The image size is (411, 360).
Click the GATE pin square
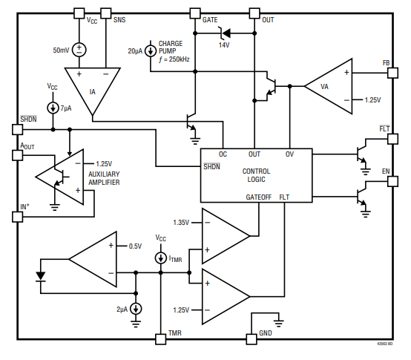pos(195,13)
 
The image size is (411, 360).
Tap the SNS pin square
pos(106,13)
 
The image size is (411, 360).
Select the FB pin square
pos(392,73)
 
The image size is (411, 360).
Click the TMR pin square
pos(161,339)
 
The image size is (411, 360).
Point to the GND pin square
pos(251,339)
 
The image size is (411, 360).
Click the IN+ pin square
pos(18,217)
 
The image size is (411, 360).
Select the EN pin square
pos(392,181)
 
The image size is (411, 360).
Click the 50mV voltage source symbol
pos(79,50)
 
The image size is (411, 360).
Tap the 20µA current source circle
pos(151,51)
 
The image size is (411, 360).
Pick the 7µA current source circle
pos(53,108)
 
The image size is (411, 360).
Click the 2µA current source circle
pos(136,309)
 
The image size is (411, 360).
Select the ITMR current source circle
pos(161,258)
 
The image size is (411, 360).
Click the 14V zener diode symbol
pos(225,33)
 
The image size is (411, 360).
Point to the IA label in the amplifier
pos(92,92)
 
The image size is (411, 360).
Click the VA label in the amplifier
pos(324,87)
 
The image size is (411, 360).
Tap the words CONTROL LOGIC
pos(256,175)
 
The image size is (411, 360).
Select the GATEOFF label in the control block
pos(258,197)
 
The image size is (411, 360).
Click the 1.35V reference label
pos(181,223)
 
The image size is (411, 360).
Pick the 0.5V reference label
pos(135,246)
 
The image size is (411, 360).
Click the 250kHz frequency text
pos(179,59)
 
